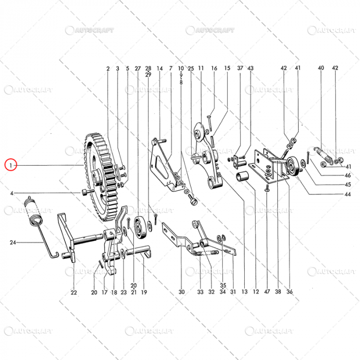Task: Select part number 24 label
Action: [12, 242]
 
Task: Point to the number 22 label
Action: [74, 293]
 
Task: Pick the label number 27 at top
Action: [137, 68]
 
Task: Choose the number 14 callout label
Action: [159, 68]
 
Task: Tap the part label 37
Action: [240, 68]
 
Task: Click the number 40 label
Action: [321, 68]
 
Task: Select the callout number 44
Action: [348, 194]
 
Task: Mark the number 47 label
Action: [267, 292]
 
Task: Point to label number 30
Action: [182, 292]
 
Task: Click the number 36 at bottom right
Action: [290, 292]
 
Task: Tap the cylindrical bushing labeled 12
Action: [243, 178]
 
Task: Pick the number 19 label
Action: [144, 293]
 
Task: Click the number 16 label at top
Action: [214, 68]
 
